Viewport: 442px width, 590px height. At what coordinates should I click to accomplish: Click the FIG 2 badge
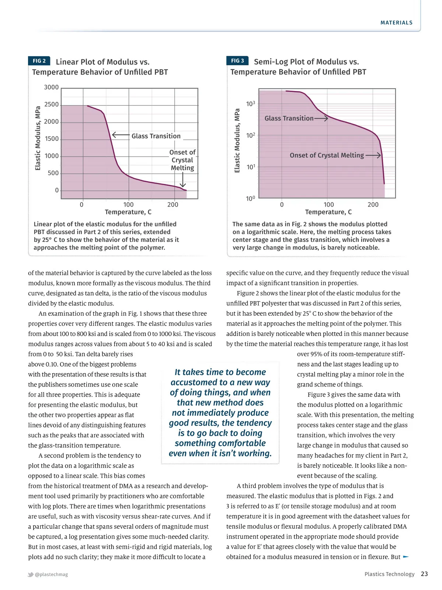(x=39, y=61)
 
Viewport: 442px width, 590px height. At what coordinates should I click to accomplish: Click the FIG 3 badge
(x=237, y=60)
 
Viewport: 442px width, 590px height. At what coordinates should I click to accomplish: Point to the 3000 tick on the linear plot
(x=51, y=87)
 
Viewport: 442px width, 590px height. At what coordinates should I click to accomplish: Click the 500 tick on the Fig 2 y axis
(x=53, y=173)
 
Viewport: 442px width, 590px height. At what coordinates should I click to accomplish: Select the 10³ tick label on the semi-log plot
(x=250, y=104)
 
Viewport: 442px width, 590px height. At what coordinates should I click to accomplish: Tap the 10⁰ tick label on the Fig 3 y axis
(x=250, y=199)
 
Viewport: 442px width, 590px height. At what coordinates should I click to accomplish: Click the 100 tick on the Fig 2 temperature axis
(x=129, y=205)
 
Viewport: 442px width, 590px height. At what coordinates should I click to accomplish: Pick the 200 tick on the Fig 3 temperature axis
(x=373, y=205)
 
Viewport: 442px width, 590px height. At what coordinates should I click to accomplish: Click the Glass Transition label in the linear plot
(x=156, y=136)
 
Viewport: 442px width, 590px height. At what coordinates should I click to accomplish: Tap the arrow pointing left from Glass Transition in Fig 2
(x=120, y=135)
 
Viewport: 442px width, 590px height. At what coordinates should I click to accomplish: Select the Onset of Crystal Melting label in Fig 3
(x=327, y=155)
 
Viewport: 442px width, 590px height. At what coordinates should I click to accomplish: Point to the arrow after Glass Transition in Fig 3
(x=321, y=118)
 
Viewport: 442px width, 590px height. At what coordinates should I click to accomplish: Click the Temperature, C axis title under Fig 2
(x=128, y=212)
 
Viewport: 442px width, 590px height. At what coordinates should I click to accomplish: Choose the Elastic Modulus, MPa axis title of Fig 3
(x=237, y=140)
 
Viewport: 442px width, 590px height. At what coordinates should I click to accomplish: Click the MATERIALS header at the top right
(x=396, y=22)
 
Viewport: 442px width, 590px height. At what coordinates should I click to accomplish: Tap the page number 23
(x=424, y=574)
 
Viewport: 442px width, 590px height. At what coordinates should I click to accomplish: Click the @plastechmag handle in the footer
(x=51, y=574)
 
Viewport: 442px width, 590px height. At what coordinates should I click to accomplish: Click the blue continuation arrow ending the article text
(x=406, y=556)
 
